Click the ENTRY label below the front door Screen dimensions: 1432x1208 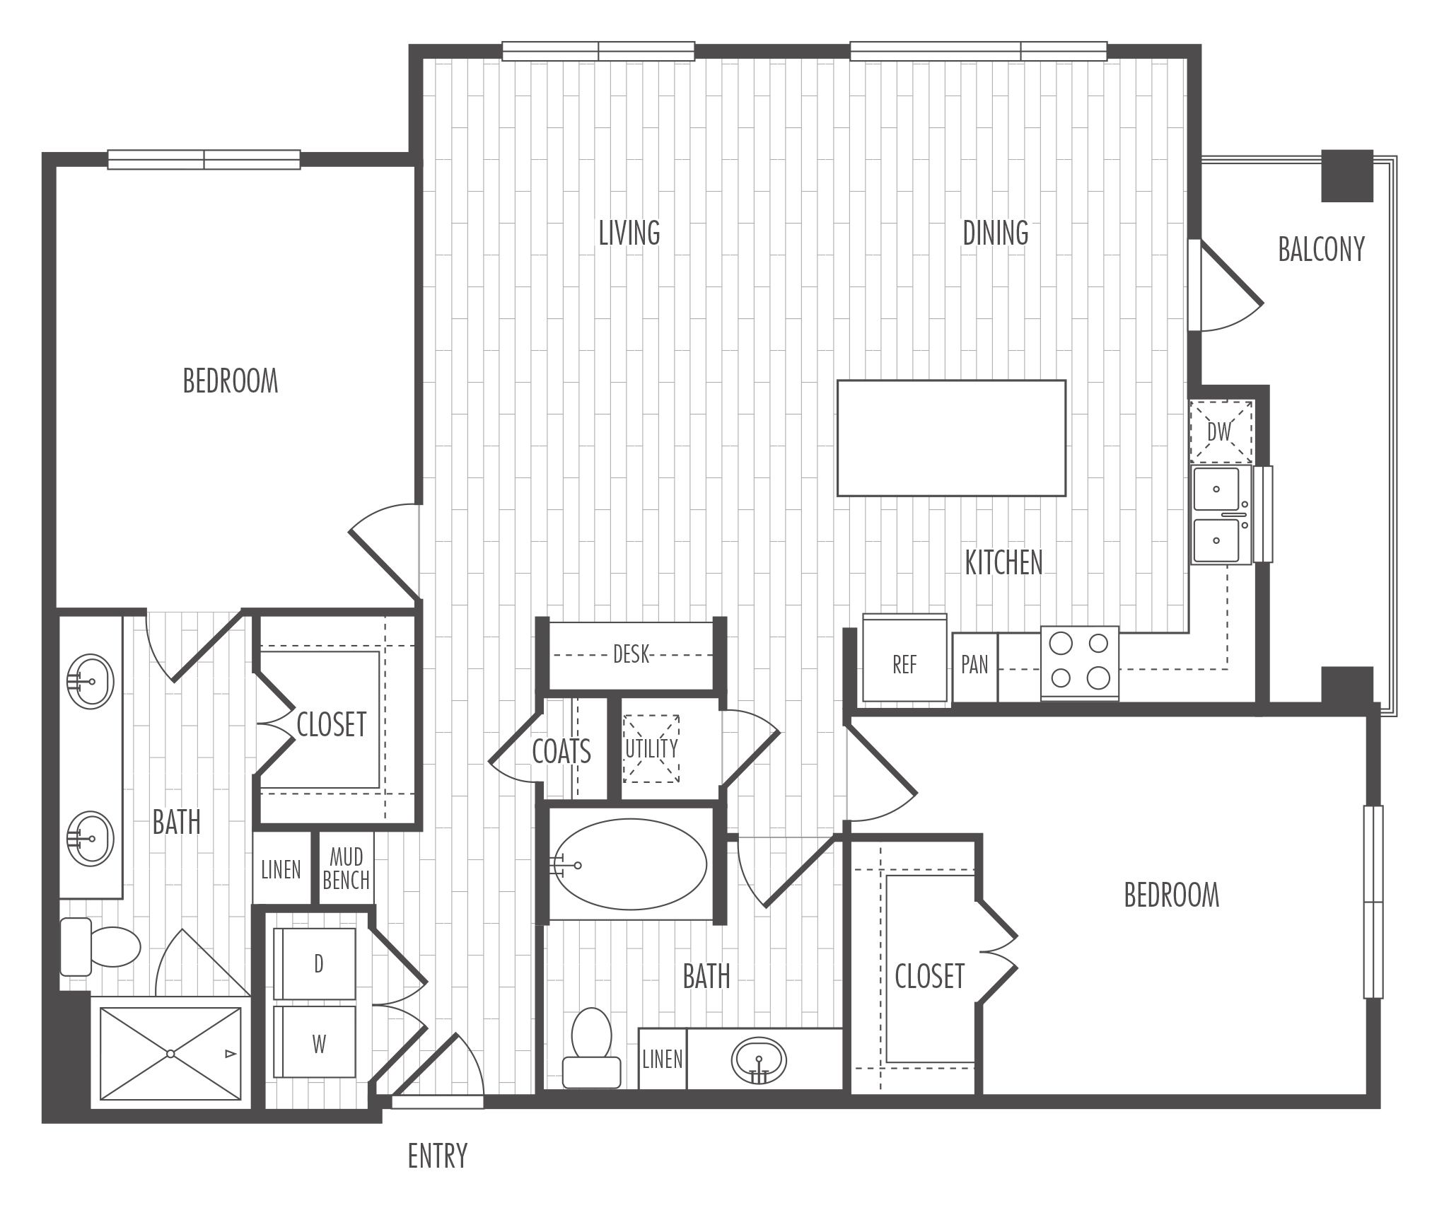click(438, 1156)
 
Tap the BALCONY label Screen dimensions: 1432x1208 click(1321, 249)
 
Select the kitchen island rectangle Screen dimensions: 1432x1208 click(951, 438)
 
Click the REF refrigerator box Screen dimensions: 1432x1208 click(904, 658)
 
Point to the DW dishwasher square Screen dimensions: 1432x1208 click(1221, 431)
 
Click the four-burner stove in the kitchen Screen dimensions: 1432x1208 click(1079, 663)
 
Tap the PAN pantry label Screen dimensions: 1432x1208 click(974, 665)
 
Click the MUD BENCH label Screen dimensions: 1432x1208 click(346, 869)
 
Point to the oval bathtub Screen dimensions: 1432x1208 click(629, 864)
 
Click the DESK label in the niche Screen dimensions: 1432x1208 click(631, 654)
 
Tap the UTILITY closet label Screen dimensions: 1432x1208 click(651, 748)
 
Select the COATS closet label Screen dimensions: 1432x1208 click(561, 751)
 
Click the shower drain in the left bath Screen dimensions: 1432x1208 click(170, 1054)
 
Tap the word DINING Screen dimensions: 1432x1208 click(996, 233)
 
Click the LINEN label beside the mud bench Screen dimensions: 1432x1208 click(281, 870)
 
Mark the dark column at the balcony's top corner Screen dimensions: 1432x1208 click(1347, 175)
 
